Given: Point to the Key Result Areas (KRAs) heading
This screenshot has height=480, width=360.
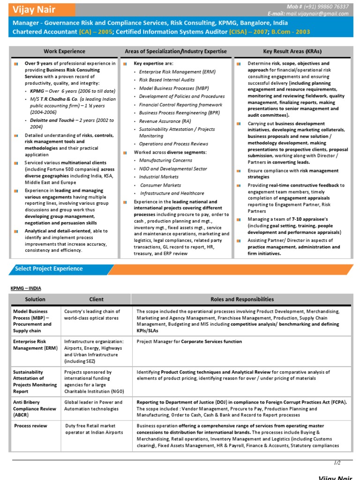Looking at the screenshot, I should tap(292, 51).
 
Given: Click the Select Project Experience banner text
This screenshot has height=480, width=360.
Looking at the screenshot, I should tap(49, 269).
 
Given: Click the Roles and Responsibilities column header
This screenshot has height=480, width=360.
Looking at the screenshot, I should tap(242, 299).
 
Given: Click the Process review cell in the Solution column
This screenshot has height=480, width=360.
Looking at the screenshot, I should tap(31, 426).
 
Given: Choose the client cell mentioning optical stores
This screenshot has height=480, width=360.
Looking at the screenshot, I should tap(92, 315).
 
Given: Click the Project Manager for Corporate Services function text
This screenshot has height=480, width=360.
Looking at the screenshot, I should tap(189, 342).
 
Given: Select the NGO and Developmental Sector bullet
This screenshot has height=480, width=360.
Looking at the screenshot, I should tap(173, 169).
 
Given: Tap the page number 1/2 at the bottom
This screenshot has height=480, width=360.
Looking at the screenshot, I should tap(337, 463).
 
